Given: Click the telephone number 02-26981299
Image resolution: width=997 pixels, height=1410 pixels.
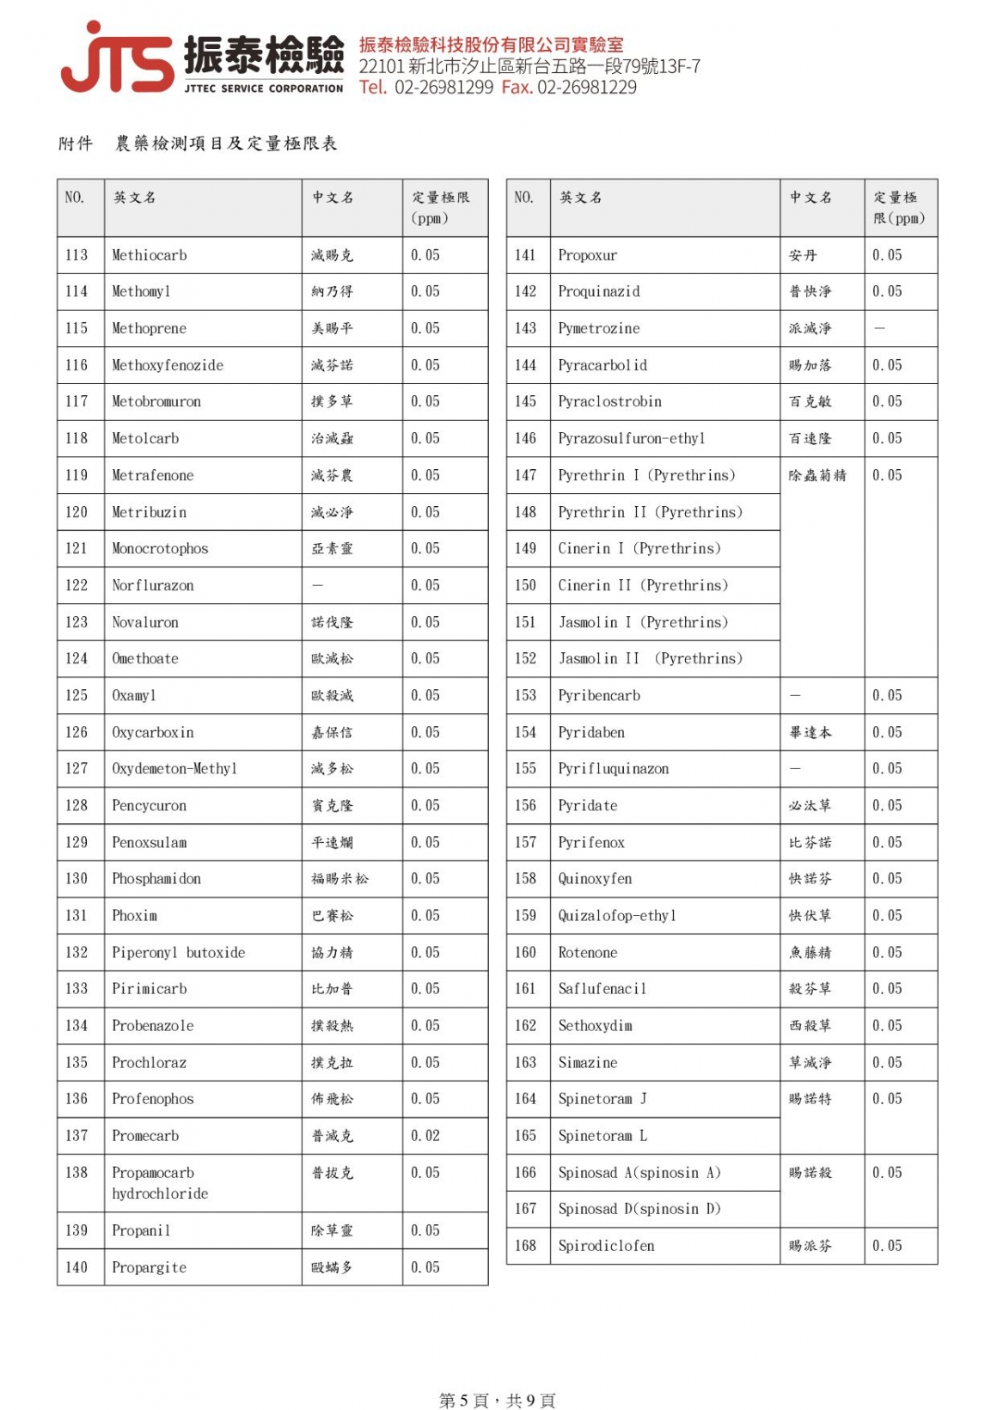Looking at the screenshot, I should click(x=443, y=88).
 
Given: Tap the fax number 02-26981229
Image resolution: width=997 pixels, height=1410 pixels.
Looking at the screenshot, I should click(x=587, y=88).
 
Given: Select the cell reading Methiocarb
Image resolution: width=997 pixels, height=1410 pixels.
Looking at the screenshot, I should click(x=150, y=255).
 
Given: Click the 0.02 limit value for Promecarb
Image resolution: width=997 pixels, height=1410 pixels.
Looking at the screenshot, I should click(x=425, y=1136).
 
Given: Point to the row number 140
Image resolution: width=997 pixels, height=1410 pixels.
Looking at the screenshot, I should click(x=76, y=1267).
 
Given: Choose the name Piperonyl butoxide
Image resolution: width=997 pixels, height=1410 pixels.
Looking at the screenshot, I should click(x=179, y=952).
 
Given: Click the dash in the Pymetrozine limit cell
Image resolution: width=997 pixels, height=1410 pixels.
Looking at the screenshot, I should click(x=879, y=328).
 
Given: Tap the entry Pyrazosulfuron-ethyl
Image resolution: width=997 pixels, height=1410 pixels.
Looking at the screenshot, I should click(x=631, y=438).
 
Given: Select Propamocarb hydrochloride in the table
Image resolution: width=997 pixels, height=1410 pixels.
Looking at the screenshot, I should click(x=160, y=1183).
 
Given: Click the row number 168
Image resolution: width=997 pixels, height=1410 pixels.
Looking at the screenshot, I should click(x=525, y=1246).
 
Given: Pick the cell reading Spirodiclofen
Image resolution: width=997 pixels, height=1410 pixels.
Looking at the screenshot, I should click(x=606, y=1246).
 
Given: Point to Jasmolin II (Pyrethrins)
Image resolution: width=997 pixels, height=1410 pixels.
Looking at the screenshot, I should click(x=650, y=659).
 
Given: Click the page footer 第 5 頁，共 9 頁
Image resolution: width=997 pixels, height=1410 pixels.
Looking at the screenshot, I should click(x=497, y=1401).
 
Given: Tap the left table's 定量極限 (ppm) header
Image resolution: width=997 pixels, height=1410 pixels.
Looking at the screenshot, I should click(x=440, y=207).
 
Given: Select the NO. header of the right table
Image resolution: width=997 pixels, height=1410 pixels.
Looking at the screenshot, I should click(x=523, y=198).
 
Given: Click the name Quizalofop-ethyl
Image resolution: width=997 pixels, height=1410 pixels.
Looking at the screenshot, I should click(x=617, y=916).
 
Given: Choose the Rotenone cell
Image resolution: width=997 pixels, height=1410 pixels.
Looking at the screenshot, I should click(x=588, y=952).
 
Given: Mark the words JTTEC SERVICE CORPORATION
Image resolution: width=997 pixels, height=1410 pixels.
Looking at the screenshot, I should click(x=263, y=89).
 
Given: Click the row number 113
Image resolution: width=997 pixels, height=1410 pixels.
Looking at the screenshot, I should click(x=76, y=255).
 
